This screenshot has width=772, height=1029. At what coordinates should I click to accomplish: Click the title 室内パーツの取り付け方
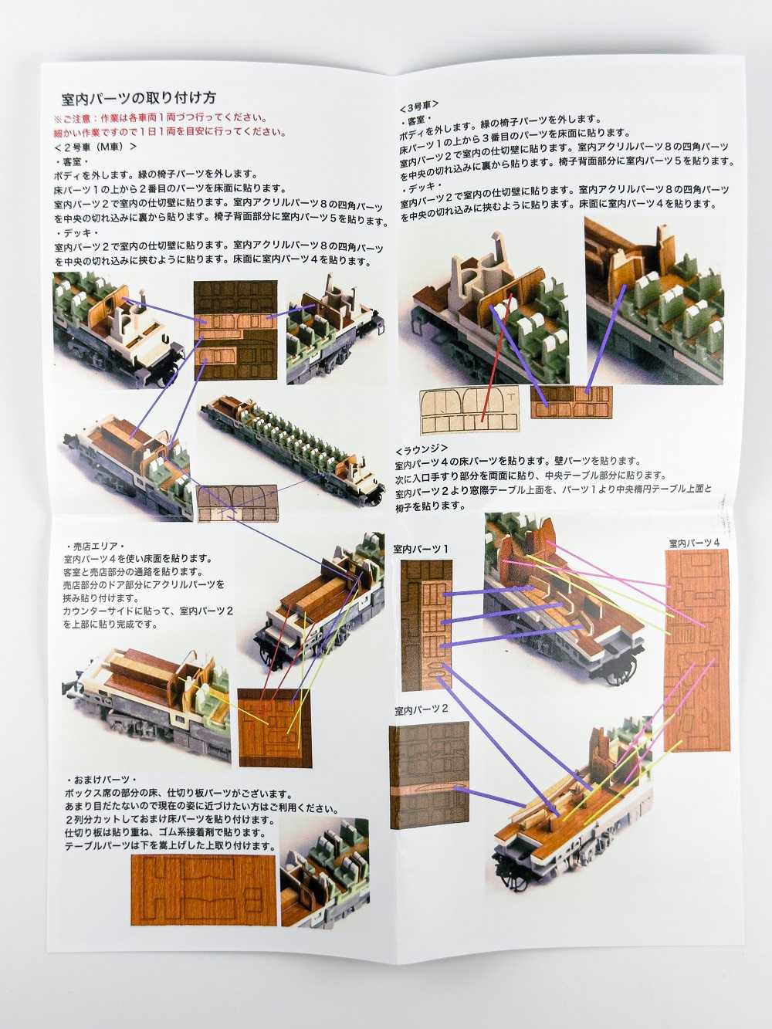point(139,98)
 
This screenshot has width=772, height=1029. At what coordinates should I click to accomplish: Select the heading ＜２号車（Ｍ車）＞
point(96,146)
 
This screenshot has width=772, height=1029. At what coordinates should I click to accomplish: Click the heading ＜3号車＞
point(419,105)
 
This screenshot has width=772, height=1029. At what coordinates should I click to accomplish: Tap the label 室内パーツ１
point(420,549)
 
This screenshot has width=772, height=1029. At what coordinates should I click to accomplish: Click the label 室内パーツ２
point(422,711)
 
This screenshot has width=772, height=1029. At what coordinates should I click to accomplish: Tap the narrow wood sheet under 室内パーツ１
point(426,625)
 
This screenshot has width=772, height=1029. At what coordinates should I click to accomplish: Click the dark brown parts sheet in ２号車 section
point(235,330)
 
